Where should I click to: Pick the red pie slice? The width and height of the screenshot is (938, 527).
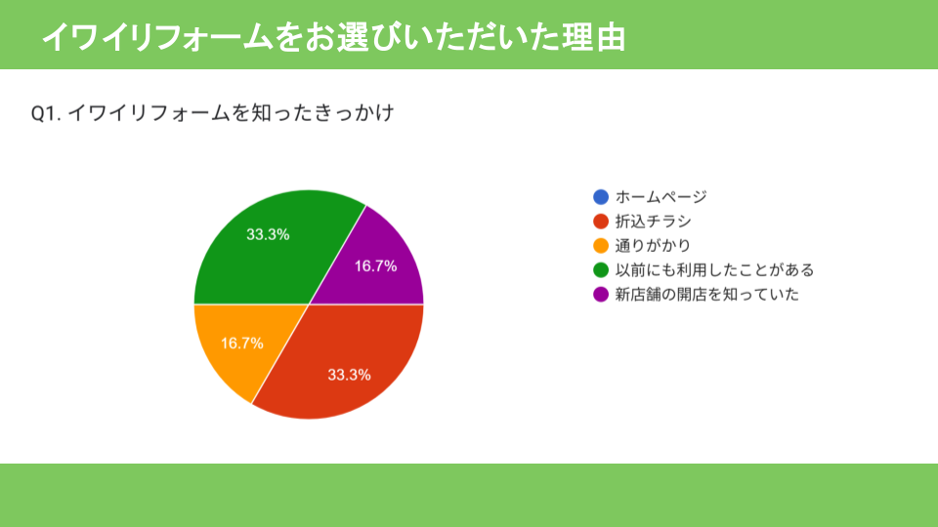(x=347, y=364)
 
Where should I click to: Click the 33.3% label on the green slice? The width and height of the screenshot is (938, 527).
(x=268, y=235)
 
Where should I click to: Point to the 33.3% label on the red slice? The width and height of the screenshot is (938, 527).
(x=350, y=375)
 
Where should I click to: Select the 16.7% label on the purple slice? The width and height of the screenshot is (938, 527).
(x=375, y=266)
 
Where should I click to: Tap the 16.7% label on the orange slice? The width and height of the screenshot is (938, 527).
(x=242, y=344)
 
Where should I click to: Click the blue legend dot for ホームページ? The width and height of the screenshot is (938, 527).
(x=601, y=196)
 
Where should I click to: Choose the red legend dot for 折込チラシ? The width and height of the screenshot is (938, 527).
(x=601, y=222)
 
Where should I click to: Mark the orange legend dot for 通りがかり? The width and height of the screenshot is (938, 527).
(x=601, y=246)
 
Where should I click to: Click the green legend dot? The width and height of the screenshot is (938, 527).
(x=601, y=270)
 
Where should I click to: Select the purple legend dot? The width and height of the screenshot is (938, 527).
(x=601, y=295)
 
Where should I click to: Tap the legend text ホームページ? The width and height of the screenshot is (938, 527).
(x=661, y=196)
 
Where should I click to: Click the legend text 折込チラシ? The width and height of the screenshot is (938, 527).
(x=654, y=222)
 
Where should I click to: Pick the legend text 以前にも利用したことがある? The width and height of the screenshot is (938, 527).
(x=715, y=270)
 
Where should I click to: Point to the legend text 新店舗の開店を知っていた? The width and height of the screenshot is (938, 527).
(x=707, y=295)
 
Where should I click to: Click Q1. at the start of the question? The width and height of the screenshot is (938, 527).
(x=46, y=113)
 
